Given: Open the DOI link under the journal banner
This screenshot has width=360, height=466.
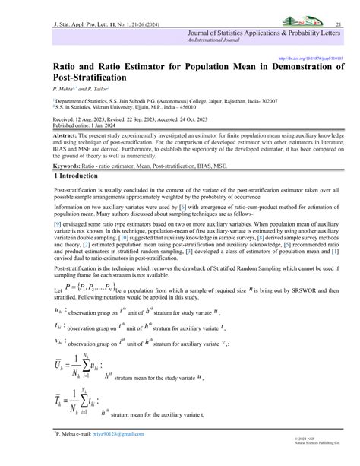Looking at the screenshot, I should [315, 57].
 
